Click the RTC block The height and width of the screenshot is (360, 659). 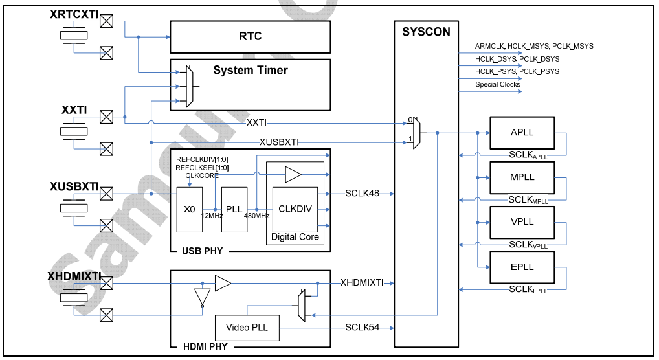[250, 36]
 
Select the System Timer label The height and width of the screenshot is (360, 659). [251, 70]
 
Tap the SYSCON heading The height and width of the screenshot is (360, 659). [425, 32]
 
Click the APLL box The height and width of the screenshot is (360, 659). [522, 133]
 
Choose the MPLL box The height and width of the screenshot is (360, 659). [522, 178]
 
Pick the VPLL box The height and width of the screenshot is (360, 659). [522, 222]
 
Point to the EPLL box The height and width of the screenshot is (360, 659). [522, 267]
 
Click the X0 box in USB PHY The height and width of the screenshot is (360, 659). [189, 210]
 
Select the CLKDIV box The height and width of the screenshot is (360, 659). [295, 209]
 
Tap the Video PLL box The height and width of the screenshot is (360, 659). [247, 328]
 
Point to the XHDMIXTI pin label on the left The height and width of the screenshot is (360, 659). [74, 276]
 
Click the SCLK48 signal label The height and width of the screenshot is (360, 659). [363, 194]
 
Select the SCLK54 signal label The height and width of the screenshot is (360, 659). [363, 328]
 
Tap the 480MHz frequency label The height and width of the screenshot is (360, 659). [256, 216]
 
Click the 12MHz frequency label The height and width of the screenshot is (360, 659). [211, 216]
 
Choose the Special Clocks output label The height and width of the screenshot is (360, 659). [497, 85]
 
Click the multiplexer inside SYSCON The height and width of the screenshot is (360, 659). [417, 133]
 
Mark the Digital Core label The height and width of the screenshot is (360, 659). [295, 237]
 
